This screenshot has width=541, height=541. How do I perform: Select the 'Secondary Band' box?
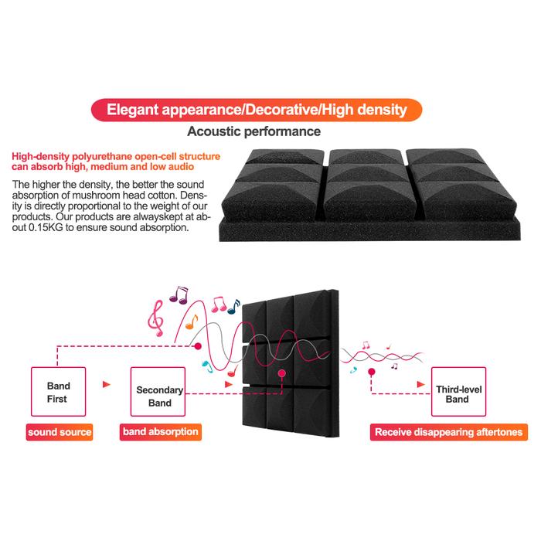(x=159, y=396)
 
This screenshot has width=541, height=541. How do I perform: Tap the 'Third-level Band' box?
(x=457, y=393)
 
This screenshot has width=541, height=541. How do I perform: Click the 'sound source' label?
(x=60, y=432)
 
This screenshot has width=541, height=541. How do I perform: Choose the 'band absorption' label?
(x=161, y=432)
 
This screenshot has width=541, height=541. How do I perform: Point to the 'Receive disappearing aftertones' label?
(x=448, y=432)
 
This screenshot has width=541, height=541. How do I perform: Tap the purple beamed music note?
(x=182, y=294)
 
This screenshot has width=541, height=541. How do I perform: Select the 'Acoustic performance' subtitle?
(x=254, y=132)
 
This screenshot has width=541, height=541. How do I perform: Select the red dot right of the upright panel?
(x=372, y=372)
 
